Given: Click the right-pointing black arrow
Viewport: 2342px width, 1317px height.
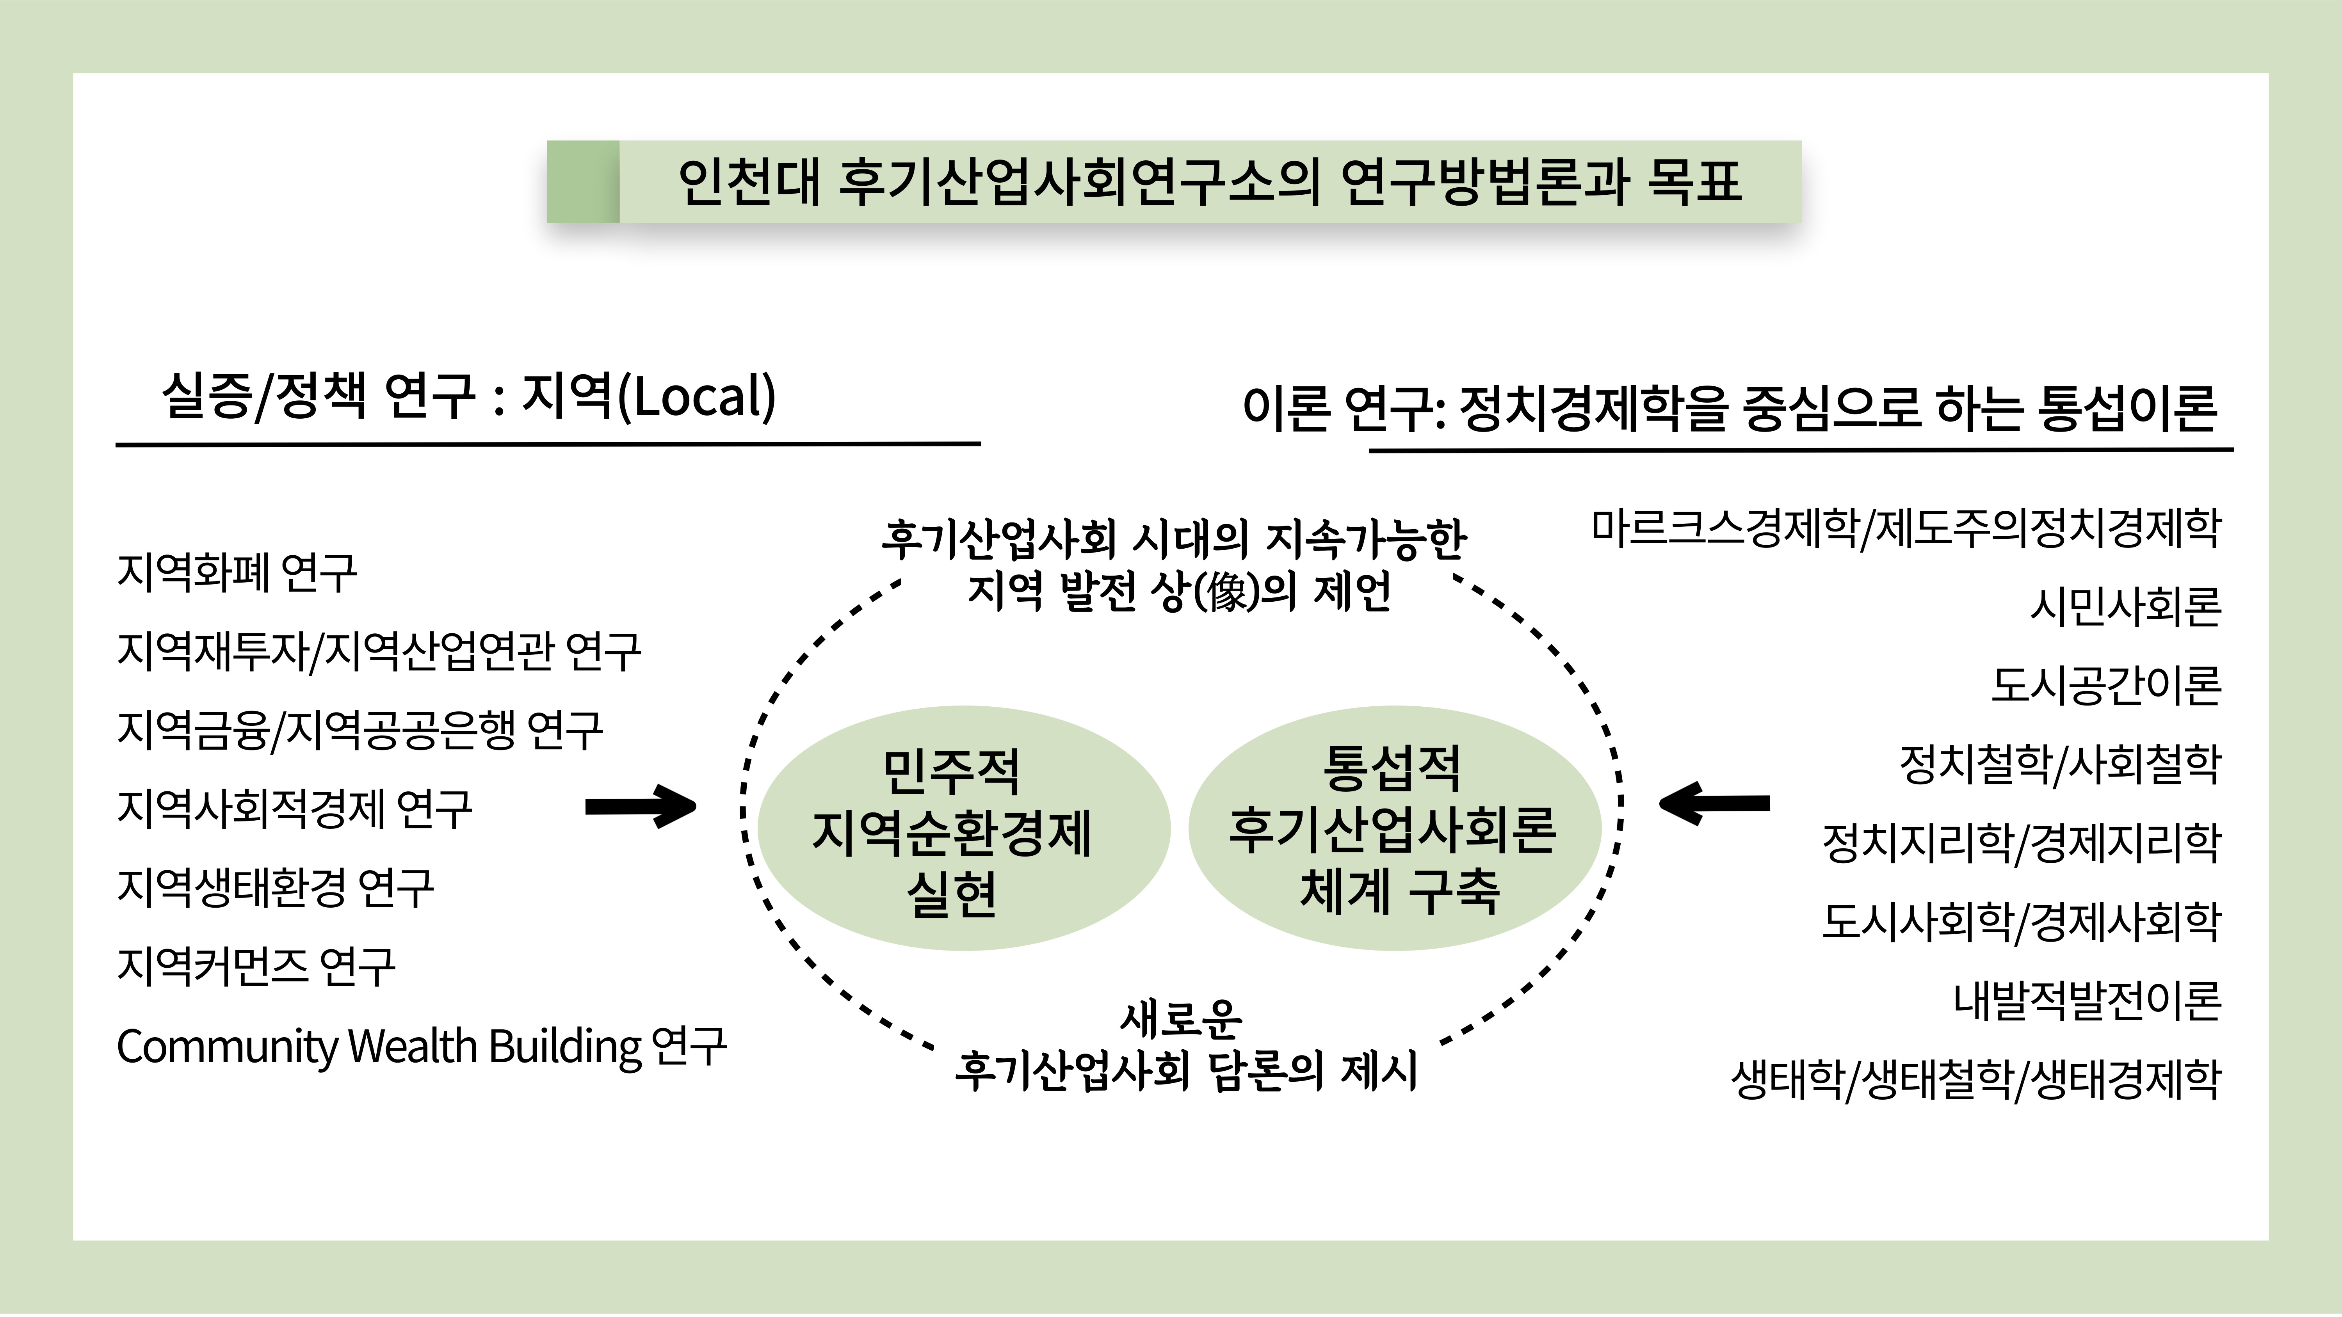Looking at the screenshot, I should pos(641,806).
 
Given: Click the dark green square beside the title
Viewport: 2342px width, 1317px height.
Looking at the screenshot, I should pos(583,182).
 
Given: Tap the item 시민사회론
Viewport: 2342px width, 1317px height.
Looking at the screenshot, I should pos(2126,606).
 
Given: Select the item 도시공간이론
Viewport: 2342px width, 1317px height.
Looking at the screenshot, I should pos(2105,685).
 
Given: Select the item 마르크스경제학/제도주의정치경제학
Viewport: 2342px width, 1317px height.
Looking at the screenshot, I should pos(1906,527).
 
